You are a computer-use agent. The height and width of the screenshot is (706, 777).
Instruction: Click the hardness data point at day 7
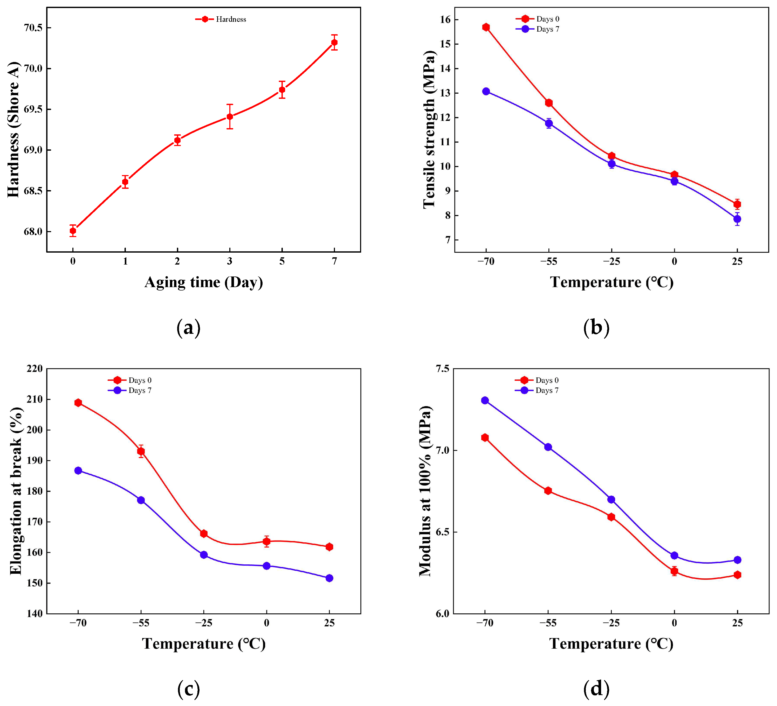(x=334, y=42)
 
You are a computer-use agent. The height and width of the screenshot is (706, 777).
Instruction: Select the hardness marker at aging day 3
(x=230, y=116)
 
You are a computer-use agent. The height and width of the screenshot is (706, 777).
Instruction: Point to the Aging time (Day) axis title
(x=203, y=282)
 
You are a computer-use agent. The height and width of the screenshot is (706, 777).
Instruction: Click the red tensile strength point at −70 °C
(x=486, y=27)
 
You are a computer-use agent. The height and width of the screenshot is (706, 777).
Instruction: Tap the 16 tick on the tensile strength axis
(x=445, y=20)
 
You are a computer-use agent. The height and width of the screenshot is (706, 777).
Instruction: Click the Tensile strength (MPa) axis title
(x=429, y=129)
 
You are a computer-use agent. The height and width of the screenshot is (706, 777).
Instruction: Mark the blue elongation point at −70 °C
(x=78, y=470)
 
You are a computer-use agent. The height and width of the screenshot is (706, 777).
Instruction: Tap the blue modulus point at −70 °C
(x=485, y=400)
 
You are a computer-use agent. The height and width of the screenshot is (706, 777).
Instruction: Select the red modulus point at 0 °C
(x=674, y=571)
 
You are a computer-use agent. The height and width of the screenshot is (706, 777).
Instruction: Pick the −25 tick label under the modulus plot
(x=611, y=623)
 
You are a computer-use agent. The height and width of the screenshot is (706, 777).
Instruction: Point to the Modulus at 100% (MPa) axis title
(x=425, y=491)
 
